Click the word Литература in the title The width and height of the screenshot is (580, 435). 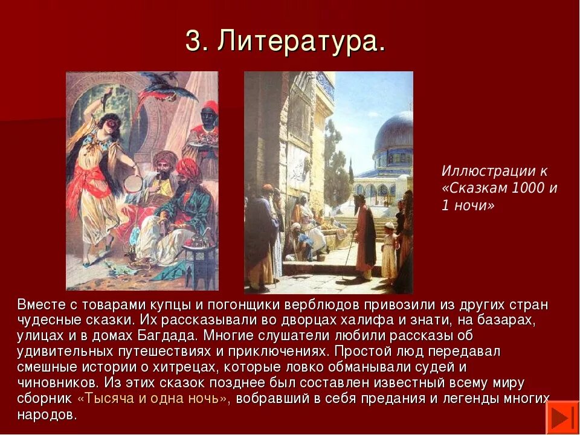click(301, 42)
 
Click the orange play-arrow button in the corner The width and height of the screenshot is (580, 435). click(562, 417)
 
